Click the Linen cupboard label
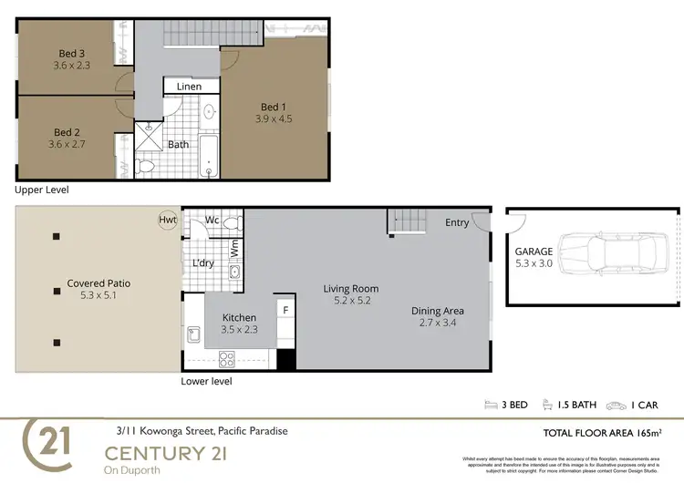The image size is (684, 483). point(189,87)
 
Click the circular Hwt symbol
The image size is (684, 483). point(168,219)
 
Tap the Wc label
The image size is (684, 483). point(212,220)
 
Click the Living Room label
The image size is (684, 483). point(350,289)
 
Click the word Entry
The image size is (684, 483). point(457,222)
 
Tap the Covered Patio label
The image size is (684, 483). point(98,283)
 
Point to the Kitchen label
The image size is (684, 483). point(239,318)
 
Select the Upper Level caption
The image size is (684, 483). point(41,190)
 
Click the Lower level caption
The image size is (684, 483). point(206,381)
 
